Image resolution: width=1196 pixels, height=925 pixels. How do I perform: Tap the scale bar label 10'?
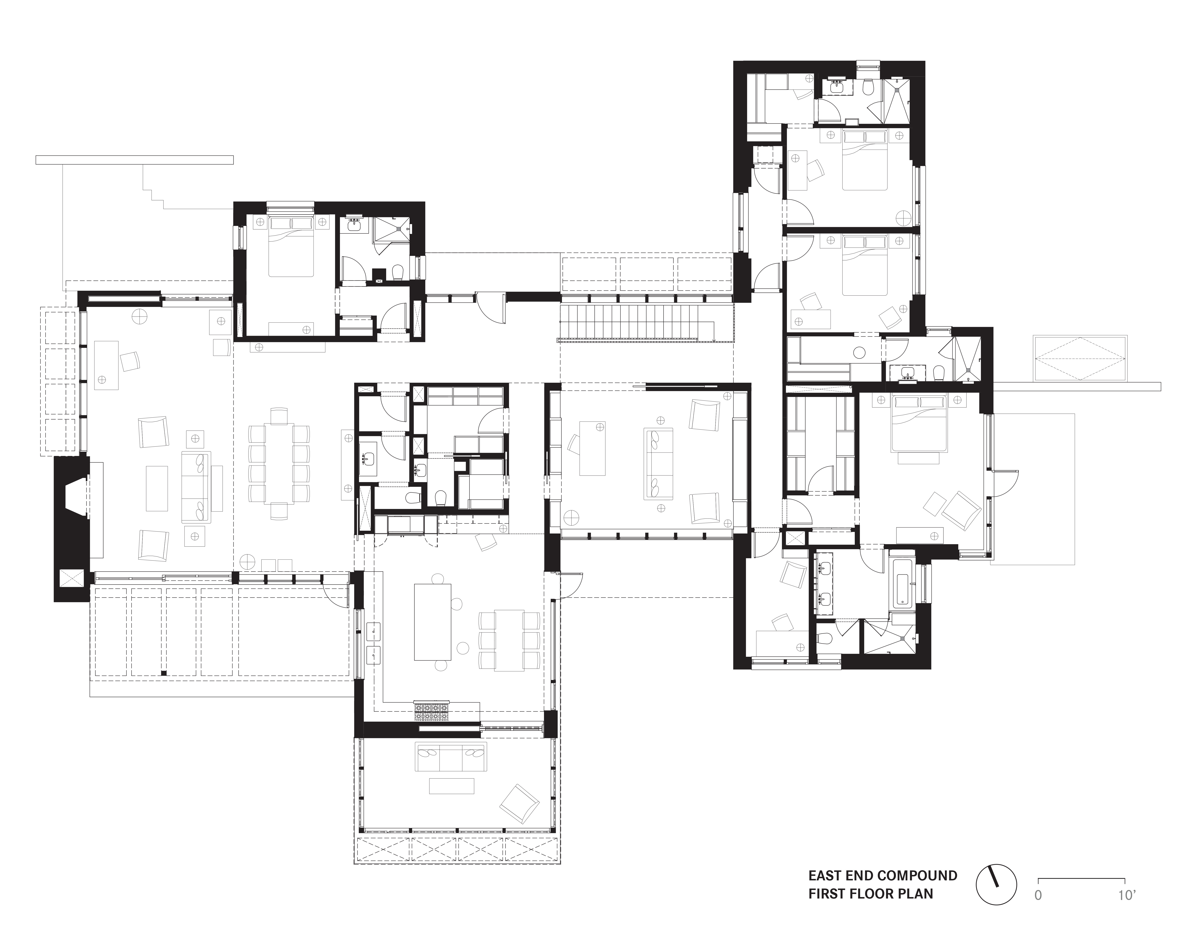[x=1126, y=895]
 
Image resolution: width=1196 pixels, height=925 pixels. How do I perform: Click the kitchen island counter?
[x=433, y=622]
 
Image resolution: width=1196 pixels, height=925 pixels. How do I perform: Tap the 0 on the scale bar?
[x=1038, y=895]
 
